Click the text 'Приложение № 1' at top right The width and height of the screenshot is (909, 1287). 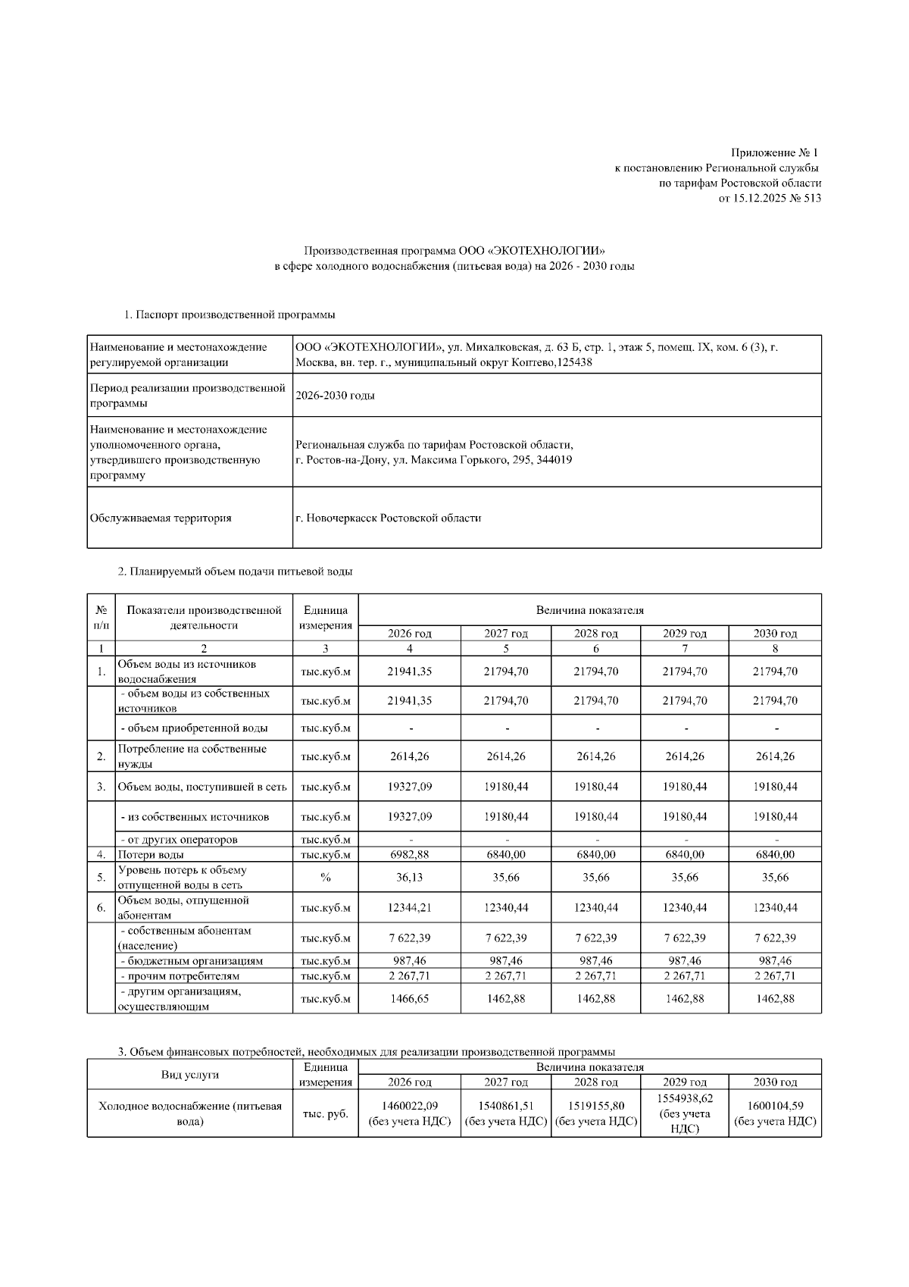click(x=775, y=153)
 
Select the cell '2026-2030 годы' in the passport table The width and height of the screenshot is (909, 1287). click(x=335, y=396)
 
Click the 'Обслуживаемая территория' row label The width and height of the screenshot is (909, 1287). click(x=161, y=518)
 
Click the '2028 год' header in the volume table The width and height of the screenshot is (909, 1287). click(x=595, y=634)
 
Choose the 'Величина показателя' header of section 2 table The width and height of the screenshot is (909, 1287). click(x=589, y=609)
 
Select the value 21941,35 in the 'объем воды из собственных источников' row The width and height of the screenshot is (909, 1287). click(x=409, y=701)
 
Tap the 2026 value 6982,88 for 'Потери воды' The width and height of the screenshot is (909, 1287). click(x=409, y=854)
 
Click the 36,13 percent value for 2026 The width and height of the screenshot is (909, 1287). click(x=409, y=877)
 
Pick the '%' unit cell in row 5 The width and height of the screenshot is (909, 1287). click(x=325, y=877)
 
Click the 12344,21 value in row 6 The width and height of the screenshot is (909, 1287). click(x=409, y=907)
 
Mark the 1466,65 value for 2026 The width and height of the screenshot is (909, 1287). click(x=409, y=999)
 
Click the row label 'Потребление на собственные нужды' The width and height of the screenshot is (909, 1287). click(x=192, y=756)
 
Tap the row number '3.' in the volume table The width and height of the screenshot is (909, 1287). click(x=101, y=787)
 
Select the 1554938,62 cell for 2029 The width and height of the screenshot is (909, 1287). click(x=685, y=1098)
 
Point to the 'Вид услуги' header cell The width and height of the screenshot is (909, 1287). click(x=189, y=1075)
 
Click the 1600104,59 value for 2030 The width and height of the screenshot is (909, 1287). click(x=775, y=1106)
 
